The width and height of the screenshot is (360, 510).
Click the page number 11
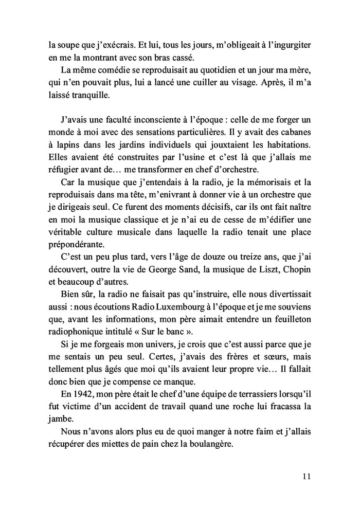pos(307,476)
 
